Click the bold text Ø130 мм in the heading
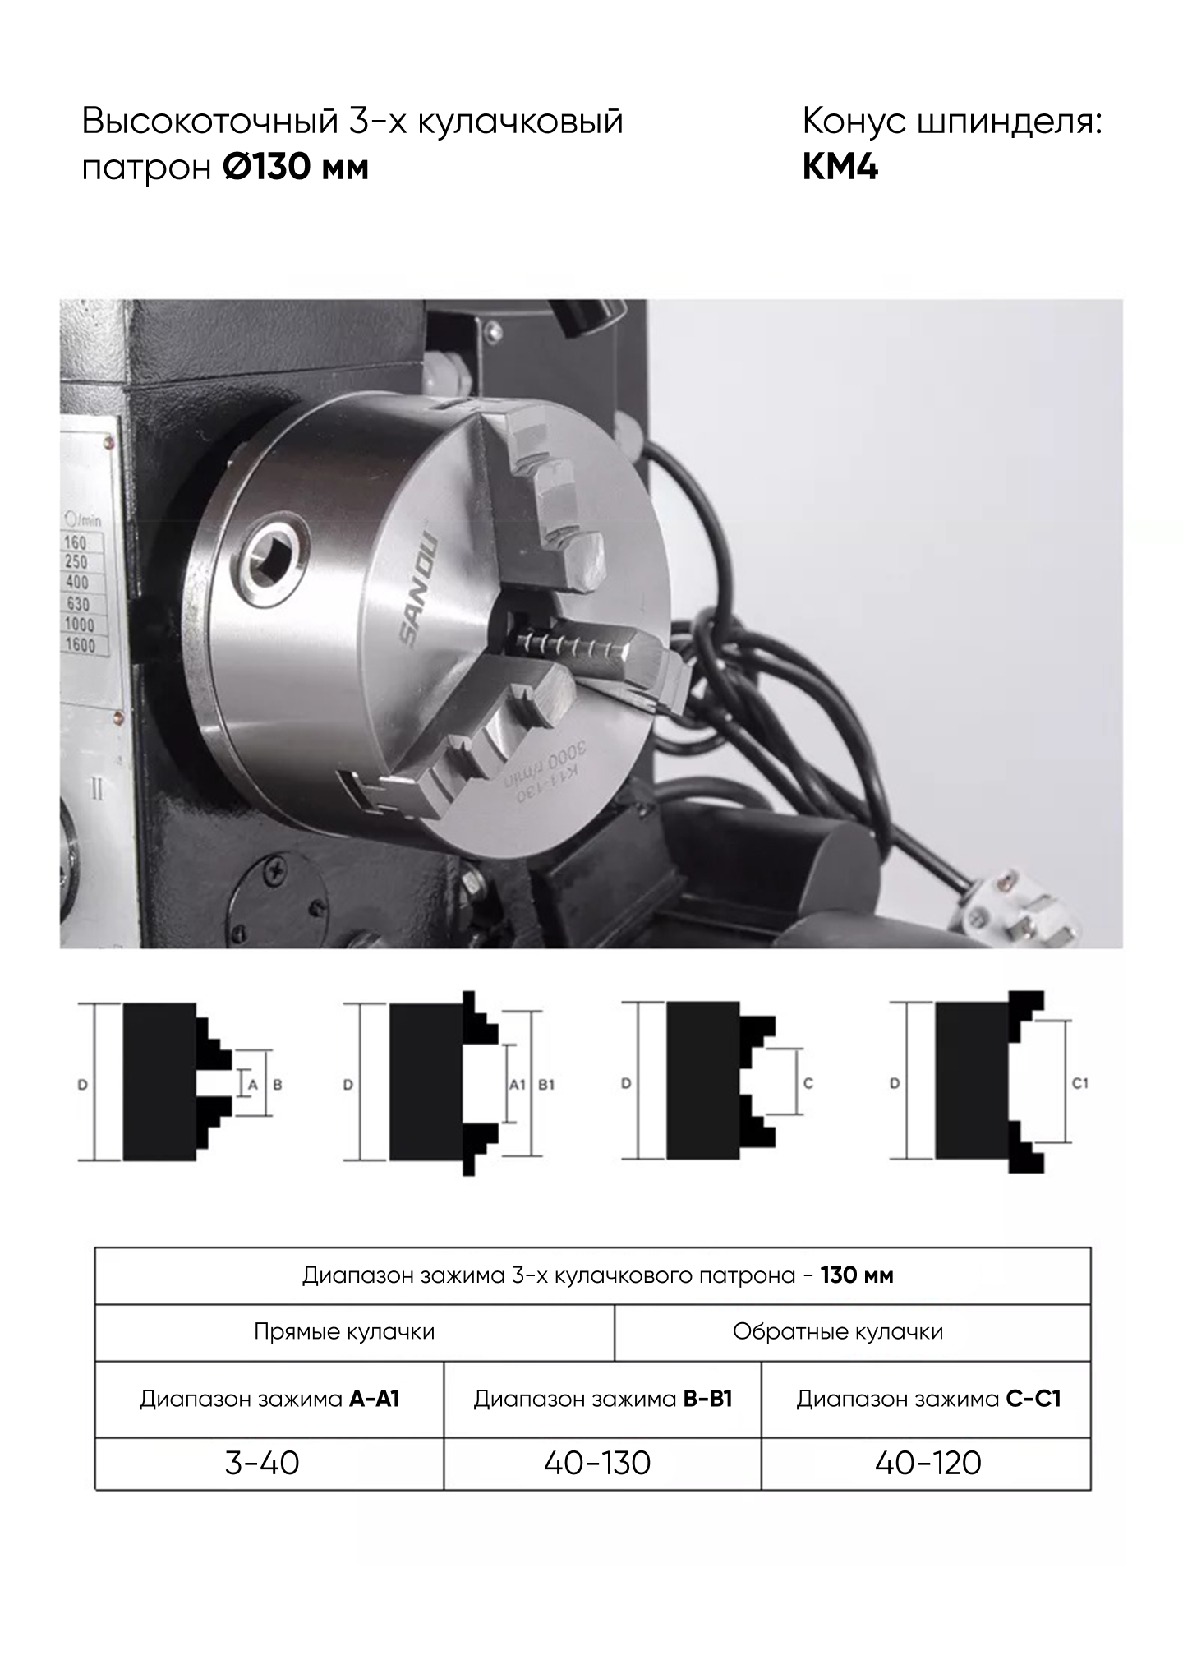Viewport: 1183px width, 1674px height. [296, 168]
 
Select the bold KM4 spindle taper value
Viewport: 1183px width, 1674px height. [840, 168]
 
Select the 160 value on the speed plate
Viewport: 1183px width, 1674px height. [75, 543]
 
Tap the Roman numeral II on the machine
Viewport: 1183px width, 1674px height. [97, 791]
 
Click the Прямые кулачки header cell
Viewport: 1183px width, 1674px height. [344, 1331]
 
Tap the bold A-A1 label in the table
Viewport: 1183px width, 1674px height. [375, 1400]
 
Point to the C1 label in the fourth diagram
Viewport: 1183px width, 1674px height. [1080, 1083]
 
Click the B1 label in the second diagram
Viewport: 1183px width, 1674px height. [546, 1084]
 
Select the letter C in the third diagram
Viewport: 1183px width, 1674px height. [808, 1083]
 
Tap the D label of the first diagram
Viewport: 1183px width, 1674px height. [82, 1085]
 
